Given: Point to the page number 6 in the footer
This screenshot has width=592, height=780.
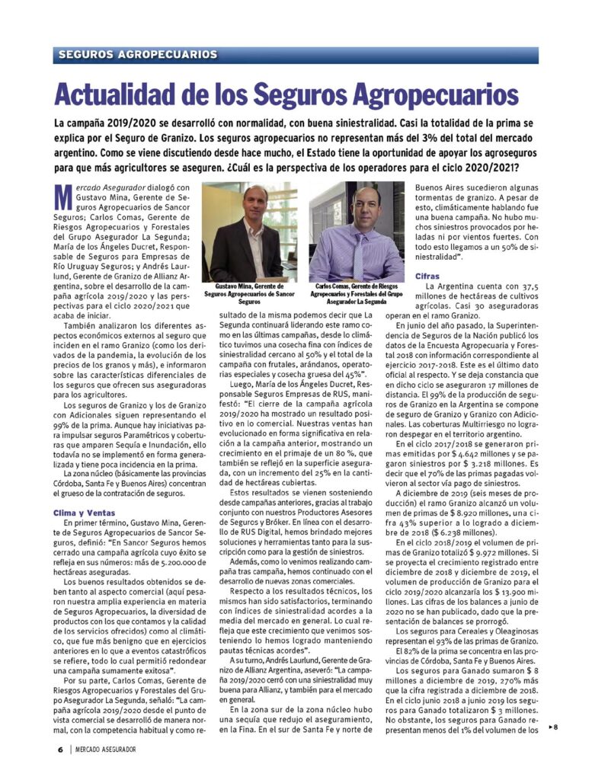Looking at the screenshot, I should tap(59, 749).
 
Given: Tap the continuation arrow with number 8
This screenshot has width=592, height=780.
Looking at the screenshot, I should tap(554, 728).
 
